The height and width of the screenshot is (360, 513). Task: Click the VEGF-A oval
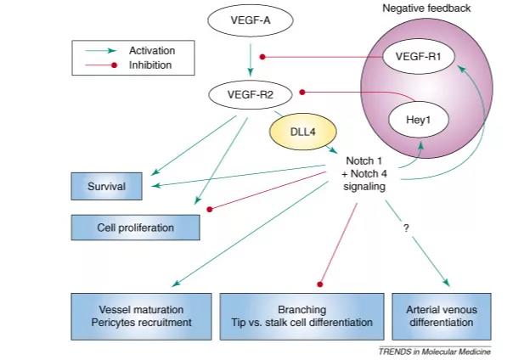coord(251,20)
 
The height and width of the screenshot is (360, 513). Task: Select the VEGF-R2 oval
coord(251,95)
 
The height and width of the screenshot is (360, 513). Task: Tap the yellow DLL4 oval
coord(303,132)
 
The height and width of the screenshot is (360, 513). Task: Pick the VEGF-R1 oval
coord(419,57)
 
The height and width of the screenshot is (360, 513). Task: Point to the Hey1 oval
coord(419,120)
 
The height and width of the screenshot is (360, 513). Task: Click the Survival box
coord(107,186)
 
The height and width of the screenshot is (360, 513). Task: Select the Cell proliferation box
coord(135,228)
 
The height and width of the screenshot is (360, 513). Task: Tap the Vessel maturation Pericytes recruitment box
coord(141,316)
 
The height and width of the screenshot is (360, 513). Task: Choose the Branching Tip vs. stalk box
coord(302,316)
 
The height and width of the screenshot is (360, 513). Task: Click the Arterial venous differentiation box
coord(442,316)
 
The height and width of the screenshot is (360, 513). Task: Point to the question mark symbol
coord(406,228)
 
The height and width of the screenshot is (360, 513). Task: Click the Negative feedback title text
coord(426,8)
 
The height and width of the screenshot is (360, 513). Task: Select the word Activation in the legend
coord(152,51)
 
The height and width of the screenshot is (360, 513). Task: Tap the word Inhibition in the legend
coord(150,65)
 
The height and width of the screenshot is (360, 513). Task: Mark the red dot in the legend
coord(114,65)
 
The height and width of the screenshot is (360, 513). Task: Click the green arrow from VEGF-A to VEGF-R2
coord(251,59)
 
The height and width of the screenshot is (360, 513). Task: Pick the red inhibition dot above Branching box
coord(320,284)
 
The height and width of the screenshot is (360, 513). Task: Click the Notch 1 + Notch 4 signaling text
coord(364,173)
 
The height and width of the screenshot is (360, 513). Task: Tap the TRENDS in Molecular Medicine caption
coord(435,352)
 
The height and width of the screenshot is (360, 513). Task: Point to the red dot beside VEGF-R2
coord(302,93)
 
